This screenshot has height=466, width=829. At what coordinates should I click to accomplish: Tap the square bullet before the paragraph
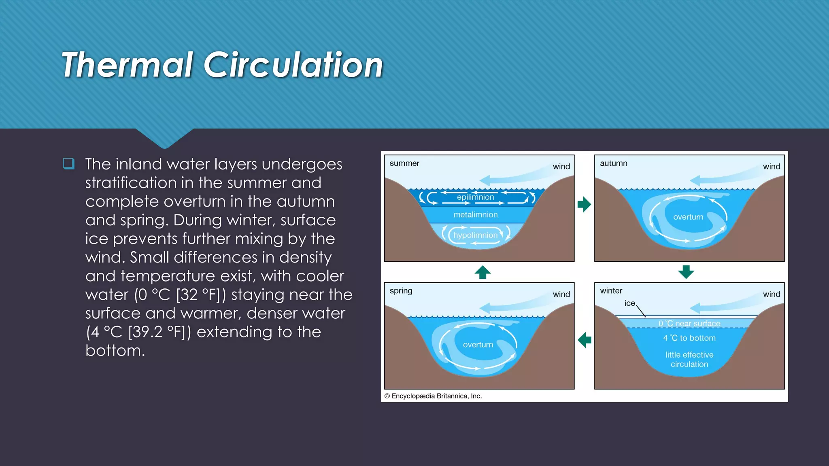69,163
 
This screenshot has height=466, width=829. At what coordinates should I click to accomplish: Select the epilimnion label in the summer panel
475,197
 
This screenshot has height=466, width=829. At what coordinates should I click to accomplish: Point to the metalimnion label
475,215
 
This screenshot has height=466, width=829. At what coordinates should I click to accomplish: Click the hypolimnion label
475,235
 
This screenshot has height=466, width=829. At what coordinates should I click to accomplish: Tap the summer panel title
404,163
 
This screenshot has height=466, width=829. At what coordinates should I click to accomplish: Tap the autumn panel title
613,163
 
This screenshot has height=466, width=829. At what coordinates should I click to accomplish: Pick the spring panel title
401,291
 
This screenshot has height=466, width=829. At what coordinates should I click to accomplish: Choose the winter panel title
611,291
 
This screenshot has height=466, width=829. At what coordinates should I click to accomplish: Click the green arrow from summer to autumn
584,204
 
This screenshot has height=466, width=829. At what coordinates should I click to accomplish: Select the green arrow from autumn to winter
686,272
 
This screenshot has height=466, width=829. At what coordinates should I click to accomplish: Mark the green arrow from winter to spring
585,340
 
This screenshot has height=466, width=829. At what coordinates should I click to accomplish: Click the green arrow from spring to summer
483,272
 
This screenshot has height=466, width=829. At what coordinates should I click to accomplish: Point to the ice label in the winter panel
629,303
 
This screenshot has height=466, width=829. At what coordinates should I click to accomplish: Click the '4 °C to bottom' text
689,338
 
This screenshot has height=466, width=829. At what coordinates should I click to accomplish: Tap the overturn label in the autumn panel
688,217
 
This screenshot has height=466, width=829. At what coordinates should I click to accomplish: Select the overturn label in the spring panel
478,345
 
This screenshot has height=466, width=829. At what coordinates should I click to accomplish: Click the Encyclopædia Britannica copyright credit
433,396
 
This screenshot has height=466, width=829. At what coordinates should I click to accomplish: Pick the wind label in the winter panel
772,294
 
